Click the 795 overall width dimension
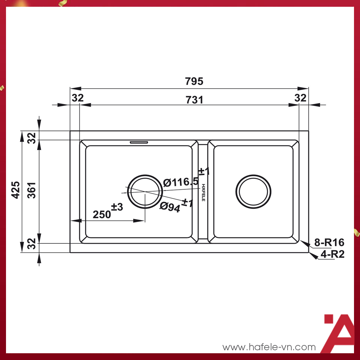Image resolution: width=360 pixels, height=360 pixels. [194, 81]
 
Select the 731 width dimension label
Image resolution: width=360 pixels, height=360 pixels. [195, 100]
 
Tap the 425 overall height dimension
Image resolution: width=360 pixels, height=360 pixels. [16, 190]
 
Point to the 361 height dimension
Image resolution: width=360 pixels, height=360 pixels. [31, 190]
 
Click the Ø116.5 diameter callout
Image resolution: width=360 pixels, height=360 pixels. [181, 182]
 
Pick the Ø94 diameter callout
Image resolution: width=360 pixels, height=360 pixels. [170, 207]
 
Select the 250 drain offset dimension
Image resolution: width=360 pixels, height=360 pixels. [102, 214]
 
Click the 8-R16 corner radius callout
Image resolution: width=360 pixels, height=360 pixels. [329, 243]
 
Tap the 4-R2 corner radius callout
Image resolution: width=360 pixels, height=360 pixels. [333, 254]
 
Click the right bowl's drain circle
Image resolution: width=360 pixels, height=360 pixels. [253, 192]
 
